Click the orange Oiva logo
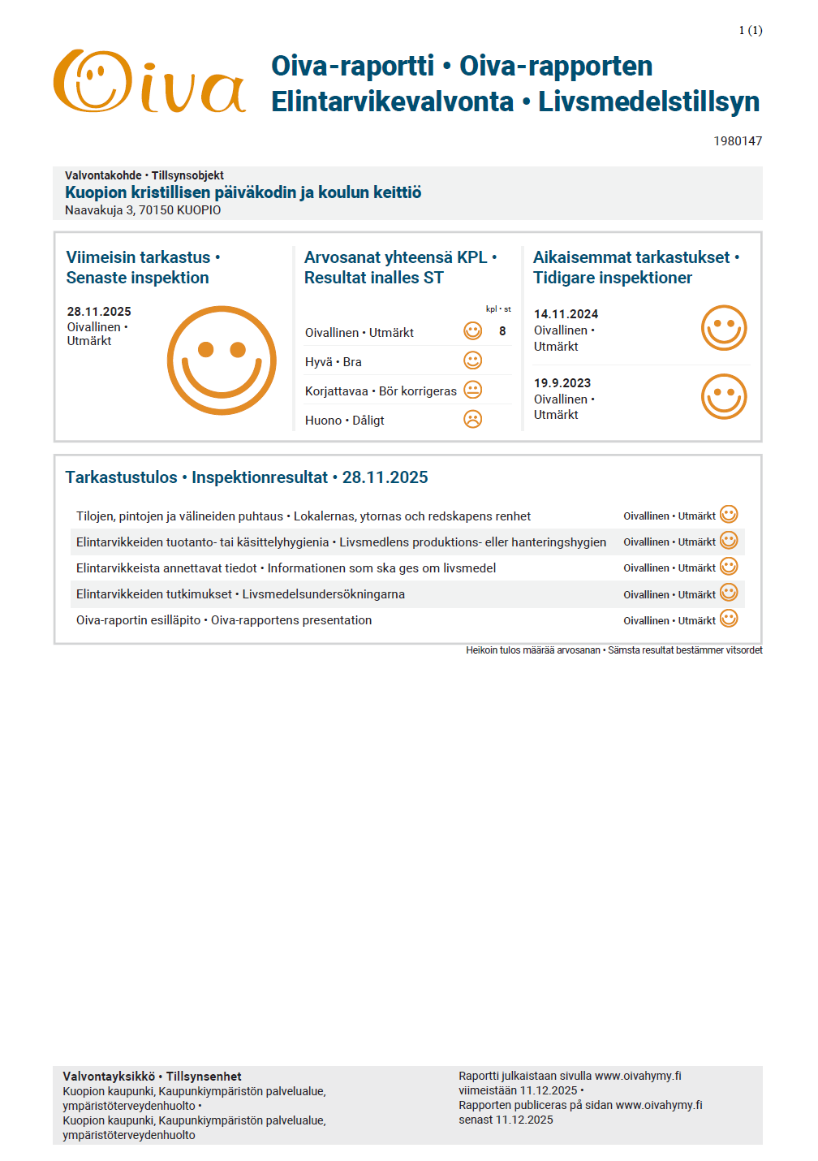149,82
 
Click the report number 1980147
737,141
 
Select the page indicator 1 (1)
750,30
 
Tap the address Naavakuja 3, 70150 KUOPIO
143,210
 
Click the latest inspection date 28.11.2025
99,312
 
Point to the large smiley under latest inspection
222,360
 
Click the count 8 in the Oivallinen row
502,331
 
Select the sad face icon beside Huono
472,419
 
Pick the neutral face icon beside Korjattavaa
472,390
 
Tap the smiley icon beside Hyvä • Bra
472,360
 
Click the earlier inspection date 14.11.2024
566,314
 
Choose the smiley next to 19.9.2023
723,397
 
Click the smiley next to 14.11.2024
723,328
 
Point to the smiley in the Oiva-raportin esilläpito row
729,619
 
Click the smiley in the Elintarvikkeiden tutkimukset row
729,593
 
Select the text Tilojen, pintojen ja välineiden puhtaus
179,516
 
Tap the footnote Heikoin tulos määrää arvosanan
533,650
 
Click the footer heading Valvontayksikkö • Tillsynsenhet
152,1077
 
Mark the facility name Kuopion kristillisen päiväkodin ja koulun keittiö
243,192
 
